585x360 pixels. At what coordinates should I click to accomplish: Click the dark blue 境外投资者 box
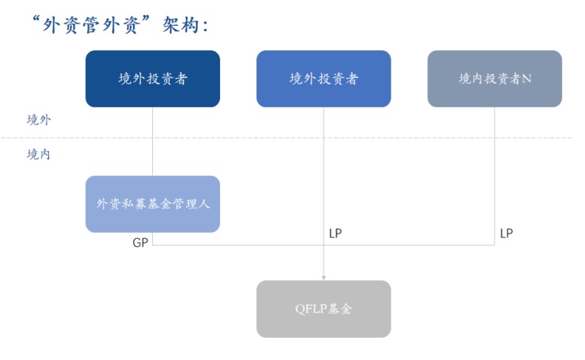coord(152,78)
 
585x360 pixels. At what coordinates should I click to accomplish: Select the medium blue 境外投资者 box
coord(324,78)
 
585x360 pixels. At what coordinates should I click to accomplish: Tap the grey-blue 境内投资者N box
coord(494,78)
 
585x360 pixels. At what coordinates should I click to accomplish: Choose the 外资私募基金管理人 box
coord(152,204)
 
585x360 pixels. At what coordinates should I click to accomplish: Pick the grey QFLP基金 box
coord(324,309)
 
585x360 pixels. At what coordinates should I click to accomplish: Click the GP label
coord(140,242)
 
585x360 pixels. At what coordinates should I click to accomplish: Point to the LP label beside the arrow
coord(335,234)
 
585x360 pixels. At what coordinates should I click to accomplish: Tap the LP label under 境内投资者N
coord(506,234)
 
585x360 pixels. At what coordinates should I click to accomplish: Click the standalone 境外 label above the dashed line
coord(38,120)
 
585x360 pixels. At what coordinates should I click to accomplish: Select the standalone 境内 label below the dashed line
coord(38,154)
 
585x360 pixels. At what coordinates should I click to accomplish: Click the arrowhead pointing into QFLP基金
coord(324,278)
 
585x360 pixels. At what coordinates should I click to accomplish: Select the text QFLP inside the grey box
coord(309,309)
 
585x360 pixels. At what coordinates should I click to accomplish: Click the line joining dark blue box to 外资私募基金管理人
coord(152,140)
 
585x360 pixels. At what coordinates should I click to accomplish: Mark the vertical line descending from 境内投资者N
coord(494,170)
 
